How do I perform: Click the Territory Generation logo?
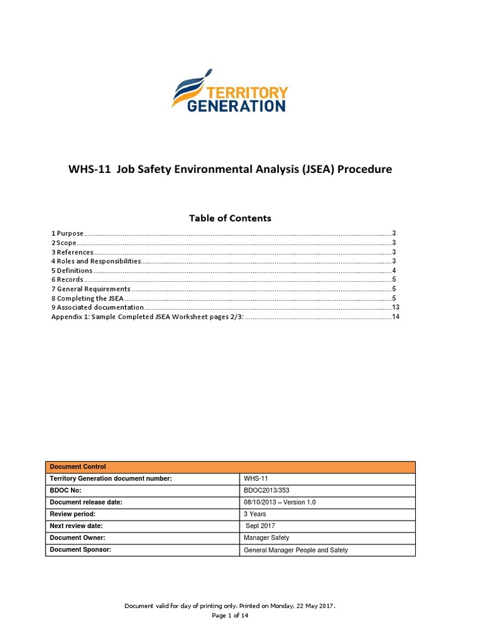tap(230, 91)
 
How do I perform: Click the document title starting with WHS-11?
tap(230, 169)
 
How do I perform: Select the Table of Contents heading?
tap(230, 218)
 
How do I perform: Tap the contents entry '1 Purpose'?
tap(67, 233)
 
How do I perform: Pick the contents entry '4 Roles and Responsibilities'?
tap(96, 261)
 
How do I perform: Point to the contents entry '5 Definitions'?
tap(72, 271)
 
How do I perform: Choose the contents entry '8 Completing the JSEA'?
tap(88, 299)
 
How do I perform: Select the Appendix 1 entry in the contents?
tap(147, 317)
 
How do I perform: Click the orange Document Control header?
tap(230, 467)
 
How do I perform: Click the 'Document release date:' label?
tap(86, 502)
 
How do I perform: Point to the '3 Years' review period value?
tap(255, 514)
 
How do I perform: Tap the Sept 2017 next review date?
tap(261, 526)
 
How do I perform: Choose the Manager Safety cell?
tap(266, 537)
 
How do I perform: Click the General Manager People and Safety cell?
tap(296, 550)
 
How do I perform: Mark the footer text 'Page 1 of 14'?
tap(230, 616)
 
